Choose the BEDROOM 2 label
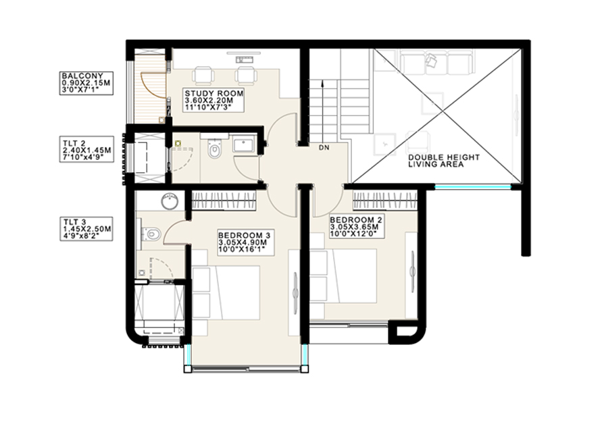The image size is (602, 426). (x=357, y=220)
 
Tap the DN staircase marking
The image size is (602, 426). (x=324, y=147)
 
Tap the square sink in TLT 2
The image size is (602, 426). (x=243, y=144)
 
